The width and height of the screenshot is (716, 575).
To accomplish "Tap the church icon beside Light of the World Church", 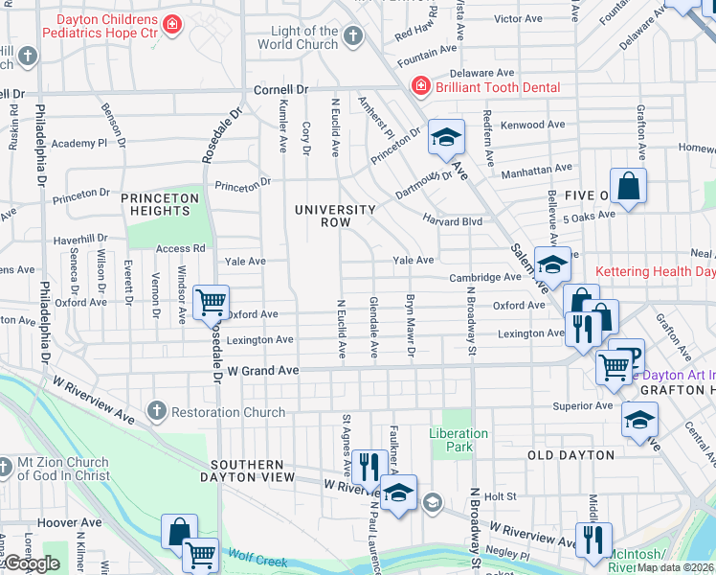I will coord(353,37).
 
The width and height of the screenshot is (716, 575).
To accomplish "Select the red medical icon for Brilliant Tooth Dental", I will coord(419,87).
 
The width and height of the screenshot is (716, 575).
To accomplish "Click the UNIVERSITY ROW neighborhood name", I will coord(335,216).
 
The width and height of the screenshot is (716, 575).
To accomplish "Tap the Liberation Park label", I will coord(459,440).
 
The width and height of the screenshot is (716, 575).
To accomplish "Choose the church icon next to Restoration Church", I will coord(157,412).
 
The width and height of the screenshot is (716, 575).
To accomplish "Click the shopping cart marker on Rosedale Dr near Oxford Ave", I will coord(211,302).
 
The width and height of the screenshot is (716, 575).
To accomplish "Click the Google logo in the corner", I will coord(31,563).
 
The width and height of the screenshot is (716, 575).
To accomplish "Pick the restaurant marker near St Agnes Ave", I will coord(365,467).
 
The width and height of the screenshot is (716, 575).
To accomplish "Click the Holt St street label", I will coord(500,496).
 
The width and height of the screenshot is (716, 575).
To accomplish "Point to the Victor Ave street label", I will coord(518,18).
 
